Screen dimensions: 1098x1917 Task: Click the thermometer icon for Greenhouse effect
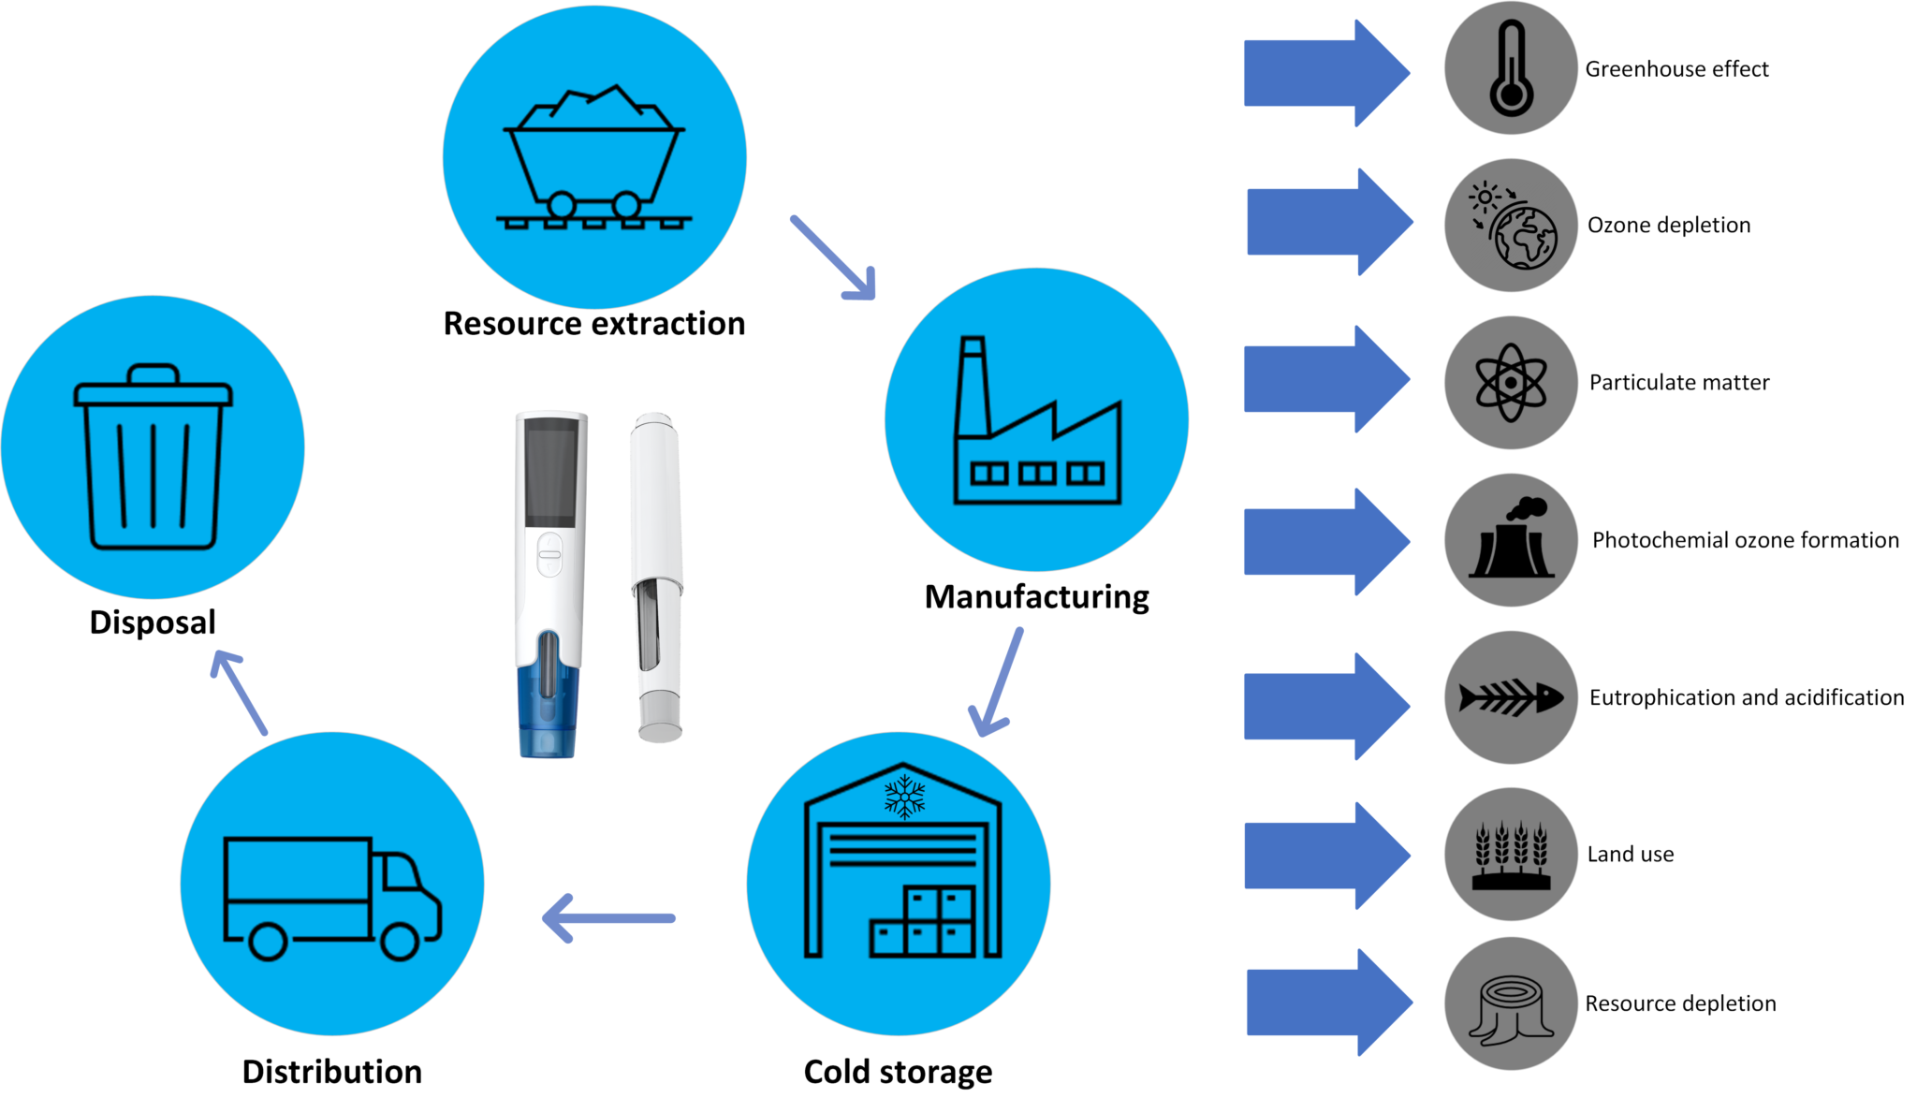(1511, 69)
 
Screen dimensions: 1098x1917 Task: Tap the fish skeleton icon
(1511, 697)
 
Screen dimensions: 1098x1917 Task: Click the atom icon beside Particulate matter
(1511, 383)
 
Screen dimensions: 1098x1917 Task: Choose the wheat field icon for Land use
(1511, 855)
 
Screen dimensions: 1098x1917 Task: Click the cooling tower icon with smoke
(1511, 542)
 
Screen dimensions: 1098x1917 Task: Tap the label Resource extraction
(593, 324)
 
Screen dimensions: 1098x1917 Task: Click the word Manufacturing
(1036, 597)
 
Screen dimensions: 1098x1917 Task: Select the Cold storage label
(897, 1072)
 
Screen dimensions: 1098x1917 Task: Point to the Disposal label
(153, 622)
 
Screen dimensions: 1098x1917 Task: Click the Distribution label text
(331, 1072)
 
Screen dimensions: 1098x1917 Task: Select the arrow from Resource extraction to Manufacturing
(832, 257)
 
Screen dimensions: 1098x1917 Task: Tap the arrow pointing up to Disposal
(240, 692)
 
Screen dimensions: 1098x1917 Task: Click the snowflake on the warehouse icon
(904, 797)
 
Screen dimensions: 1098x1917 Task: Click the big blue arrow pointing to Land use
(1324, 856)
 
